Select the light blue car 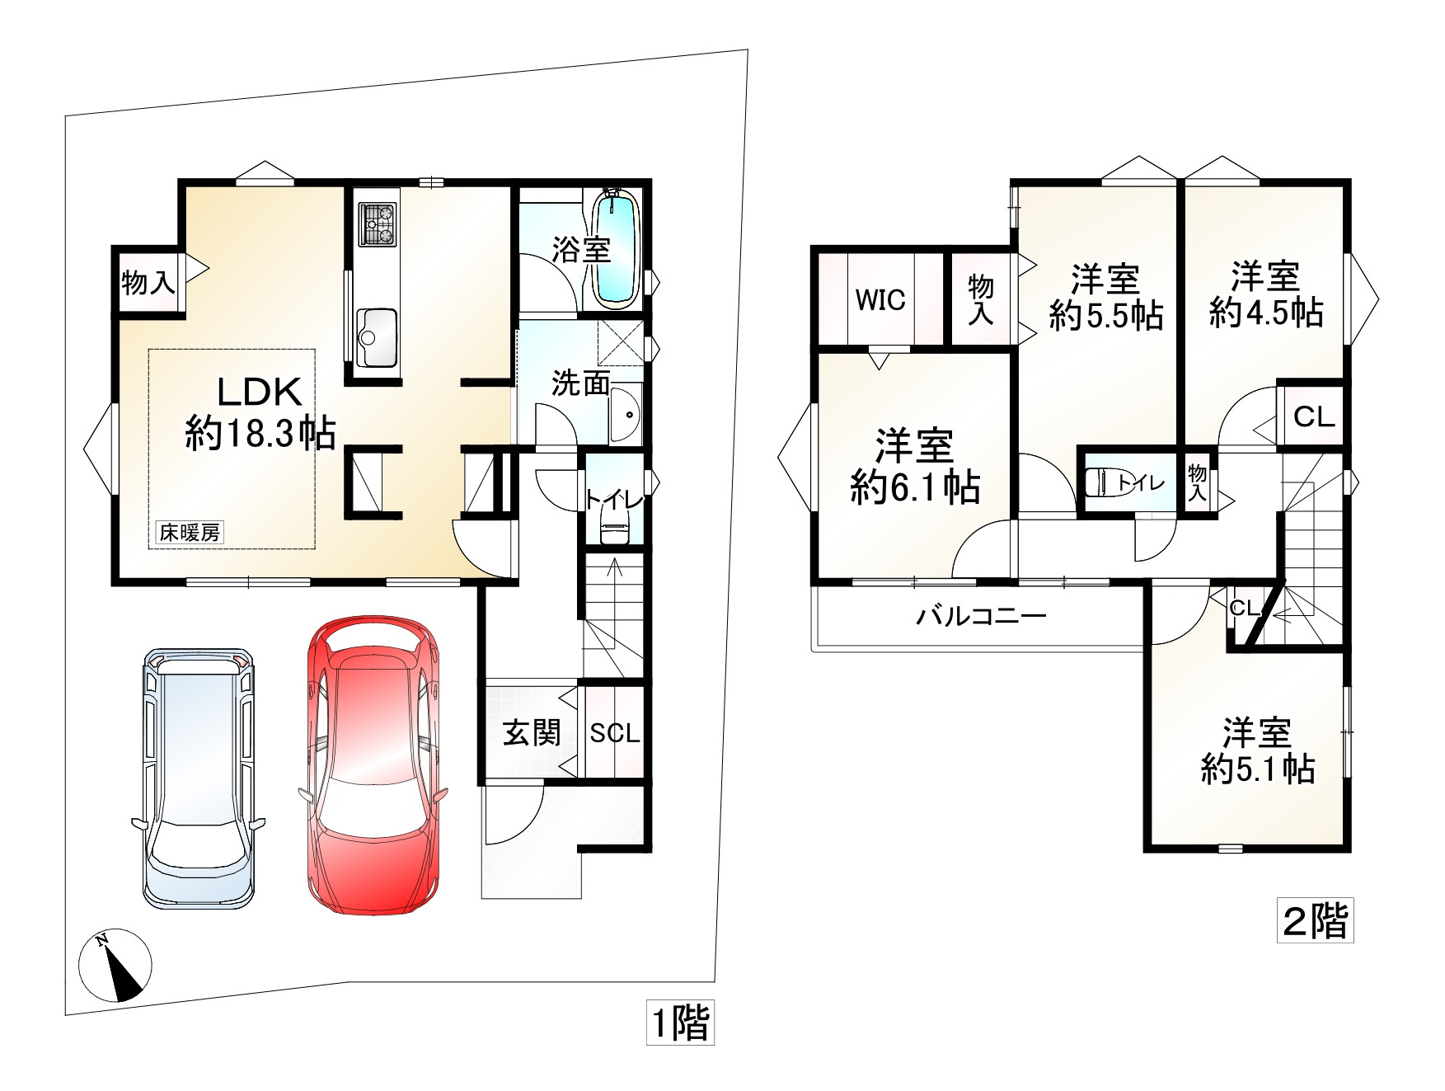[x=198, y=778]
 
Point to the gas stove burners [x=378, y=224]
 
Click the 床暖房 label [x=190, y=533]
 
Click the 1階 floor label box [x=680, y=1023]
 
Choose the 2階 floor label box [x=1316, y=920]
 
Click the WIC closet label [x=880, y=300]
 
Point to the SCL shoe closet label [x=615, y=733]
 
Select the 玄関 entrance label [x=532, y=732]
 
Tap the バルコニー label [x=982, y=616]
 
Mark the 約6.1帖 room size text [x=915, y=488]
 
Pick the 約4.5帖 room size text [x=1266, y=313]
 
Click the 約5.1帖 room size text [x=1257, y=769]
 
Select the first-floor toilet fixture [x=614, y=524]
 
